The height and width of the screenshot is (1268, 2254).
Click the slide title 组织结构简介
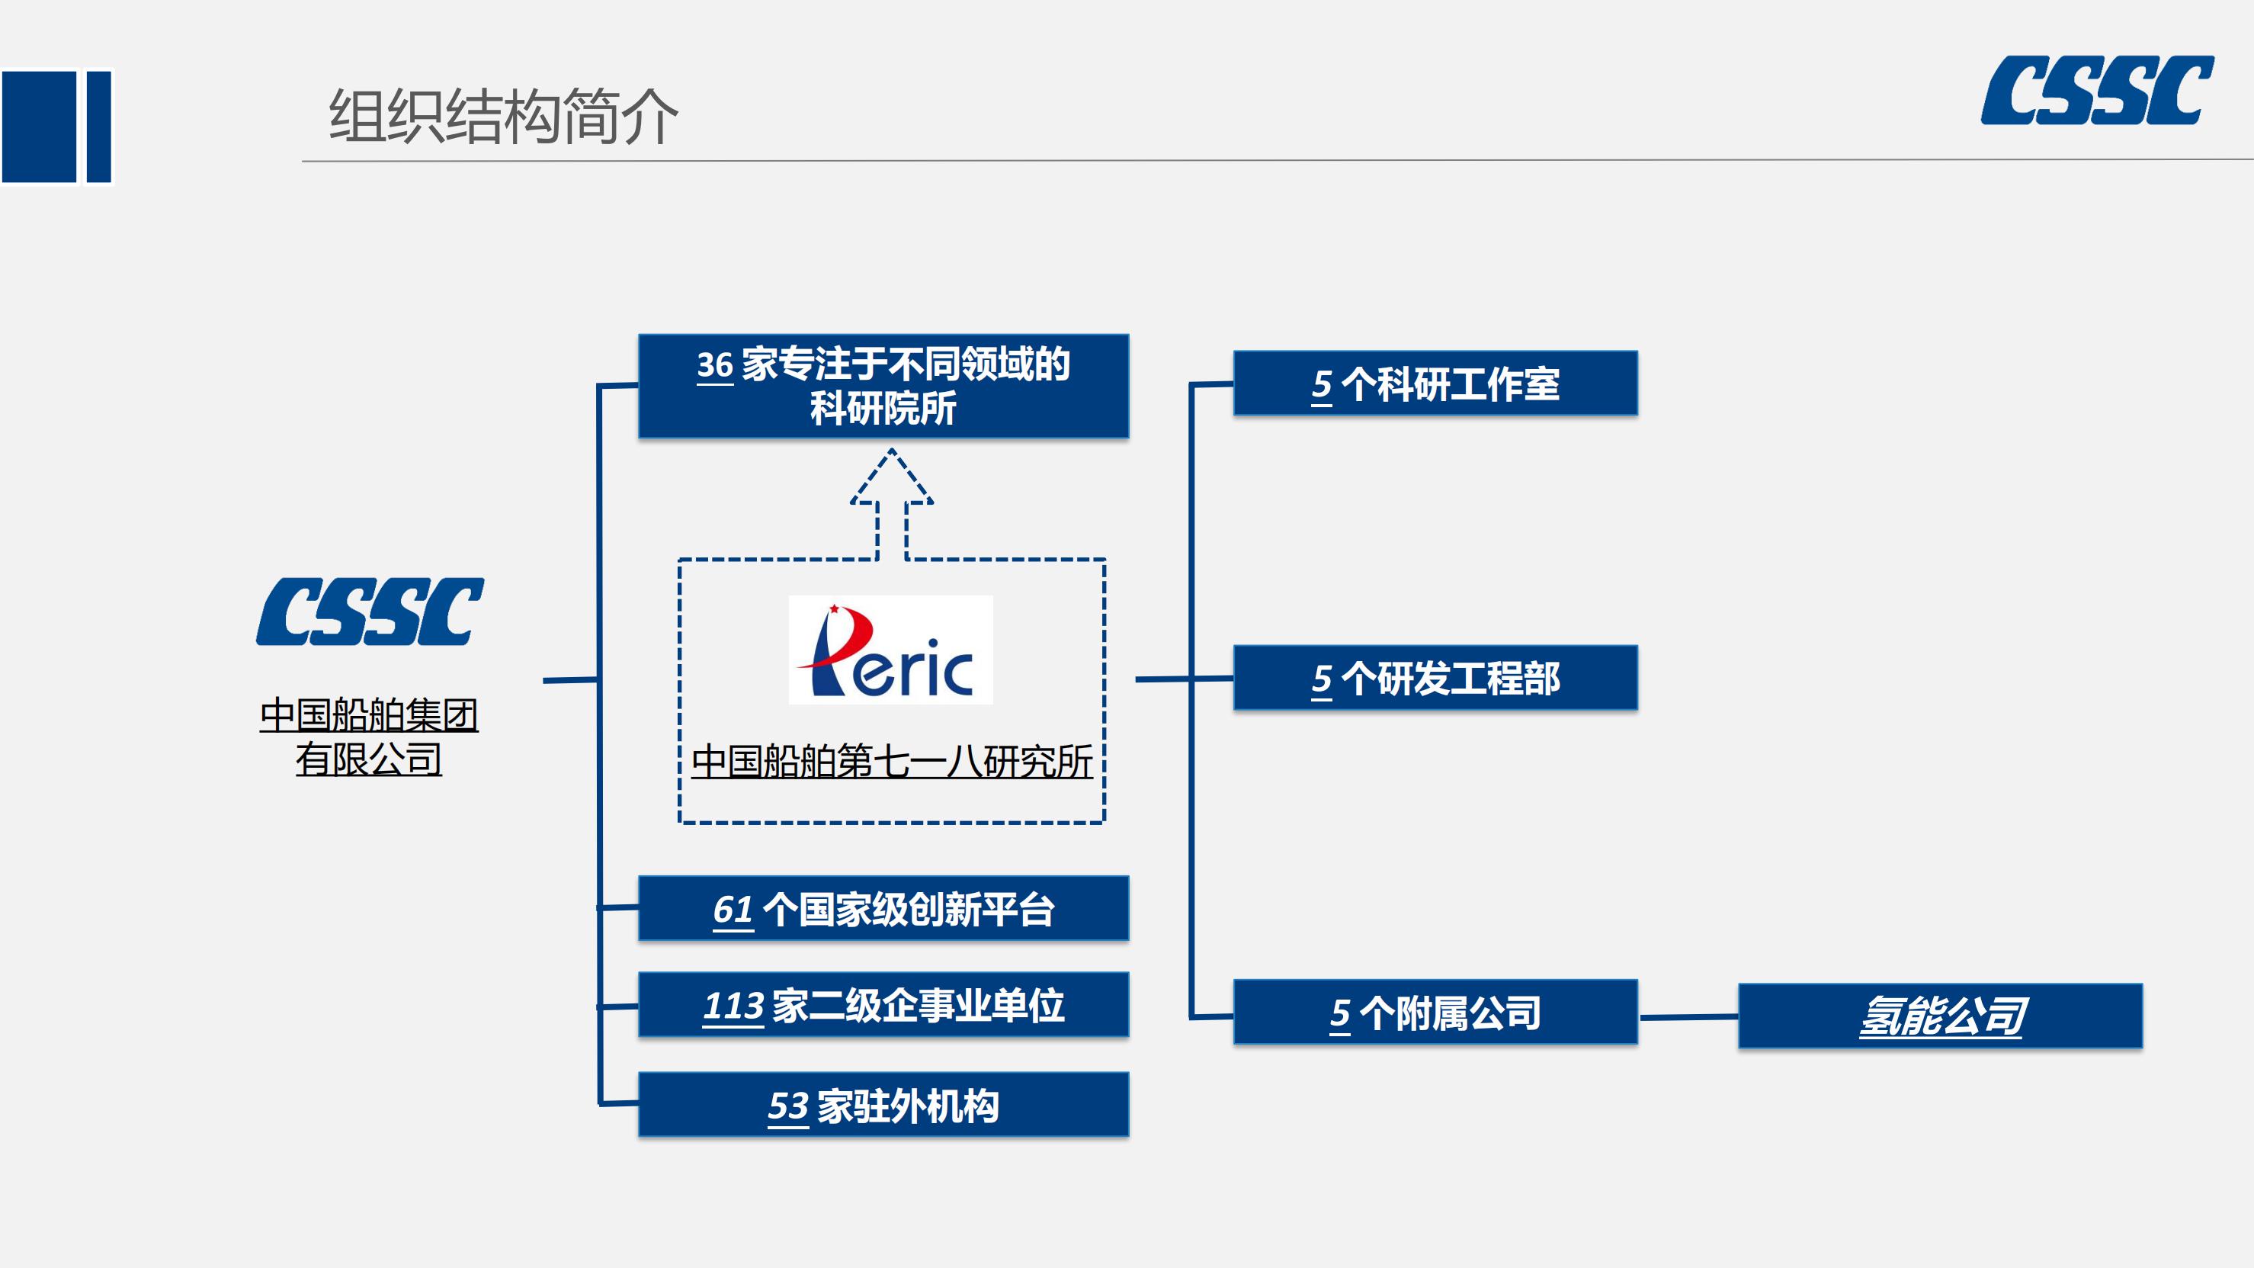503,117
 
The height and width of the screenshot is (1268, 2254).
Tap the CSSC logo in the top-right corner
2098,90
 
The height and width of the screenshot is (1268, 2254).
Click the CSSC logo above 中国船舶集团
370,612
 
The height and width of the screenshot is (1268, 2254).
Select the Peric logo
891,650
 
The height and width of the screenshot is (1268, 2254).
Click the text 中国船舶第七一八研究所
892,761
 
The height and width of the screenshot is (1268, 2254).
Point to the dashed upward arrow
892,504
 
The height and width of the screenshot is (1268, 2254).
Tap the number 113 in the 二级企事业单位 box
733,1006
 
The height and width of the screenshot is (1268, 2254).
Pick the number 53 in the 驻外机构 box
787,1106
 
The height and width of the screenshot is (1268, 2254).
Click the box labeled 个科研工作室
1435,384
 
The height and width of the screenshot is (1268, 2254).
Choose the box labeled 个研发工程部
1435,678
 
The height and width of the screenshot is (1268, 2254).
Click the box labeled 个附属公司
1435,1013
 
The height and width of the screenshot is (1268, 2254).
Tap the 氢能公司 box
1940,1016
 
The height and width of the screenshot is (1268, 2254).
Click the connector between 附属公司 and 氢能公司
1688,1017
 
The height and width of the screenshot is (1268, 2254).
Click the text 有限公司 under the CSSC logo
368,759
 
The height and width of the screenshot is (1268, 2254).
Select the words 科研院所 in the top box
883,409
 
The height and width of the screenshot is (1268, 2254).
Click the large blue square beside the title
40,127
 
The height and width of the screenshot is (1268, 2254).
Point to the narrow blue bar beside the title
98,127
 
